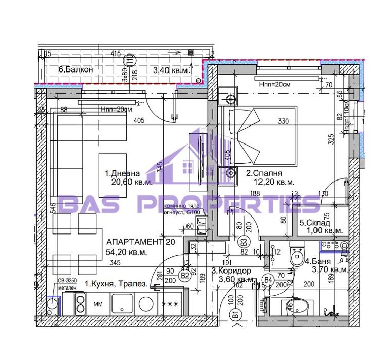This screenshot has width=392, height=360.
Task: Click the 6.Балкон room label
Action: tap(76, 69)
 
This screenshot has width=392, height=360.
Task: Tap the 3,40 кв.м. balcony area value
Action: tap(172, 69)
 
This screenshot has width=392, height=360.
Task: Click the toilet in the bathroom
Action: tap(297, 256)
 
